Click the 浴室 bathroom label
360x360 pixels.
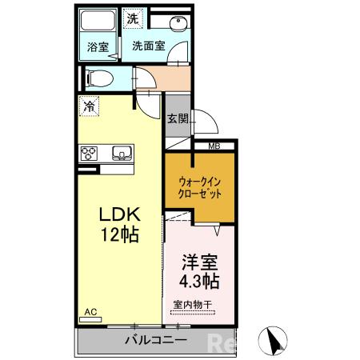pyautogui.click(x=98, y=46)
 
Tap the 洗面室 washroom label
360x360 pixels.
pyautogui.click(x=149, y=46)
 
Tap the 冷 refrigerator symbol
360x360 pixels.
pyautogui.click(x=89, y=104)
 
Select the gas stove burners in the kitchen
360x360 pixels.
pyautogui.click(x=89, y=152)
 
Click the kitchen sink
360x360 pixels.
pyautogui.click(x=121, y=152)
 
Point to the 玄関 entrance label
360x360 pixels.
pyautogui.click(x=177, y=118)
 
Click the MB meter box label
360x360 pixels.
pyautogui.click(x=214, y=146)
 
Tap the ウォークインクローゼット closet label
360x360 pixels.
pyautogui.click(x=200, y=187)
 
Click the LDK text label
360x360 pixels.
pyautogui.click(x=119, y=215)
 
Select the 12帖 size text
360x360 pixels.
pyautogui.click(x=119, y=235)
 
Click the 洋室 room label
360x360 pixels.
pyautogui.click(x=199, y=262)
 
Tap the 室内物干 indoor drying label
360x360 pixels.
pyautogui.click(x=193, y=304)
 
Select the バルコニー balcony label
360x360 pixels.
pyautogui.click(x=156, y=340)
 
